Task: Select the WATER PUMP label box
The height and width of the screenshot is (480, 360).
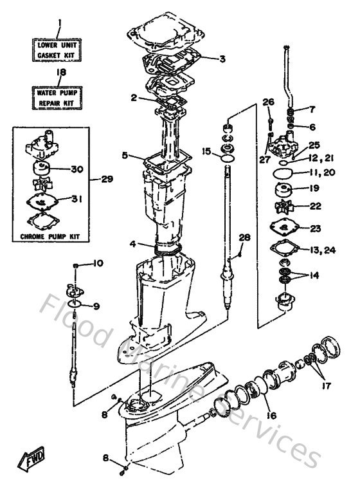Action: (60, 97)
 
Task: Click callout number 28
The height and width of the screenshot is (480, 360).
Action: (243, 239)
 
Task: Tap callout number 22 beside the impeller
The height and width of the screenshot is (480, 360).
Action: (315, 206)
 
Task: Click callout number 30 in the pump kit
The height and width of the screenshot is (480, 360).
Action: (78, 170)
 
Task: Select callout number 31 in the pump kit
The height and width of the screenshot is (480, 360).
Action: (78, 199)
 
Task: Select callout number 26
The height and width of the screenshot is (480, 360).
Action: (268, 102)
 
